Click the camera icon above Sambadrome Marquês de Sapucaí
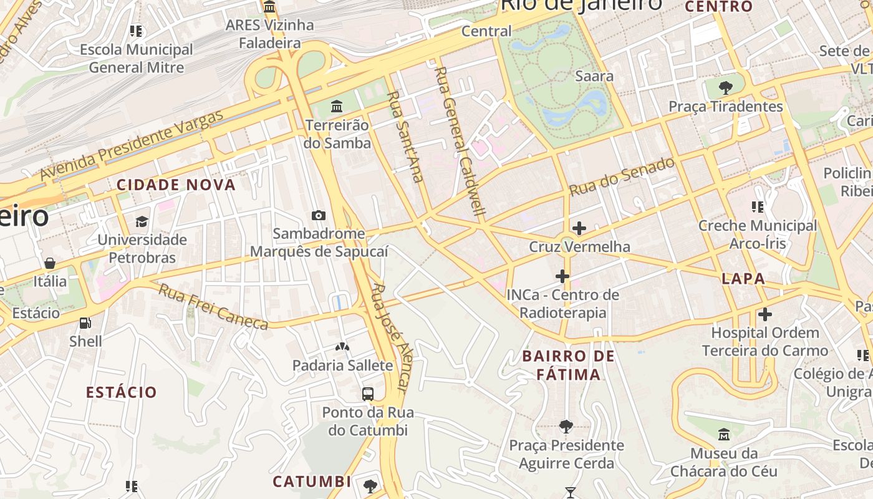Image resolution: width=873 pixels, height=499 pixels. coord(319,215)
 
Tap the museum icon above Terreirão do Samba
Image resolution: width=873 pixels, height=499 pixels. coord(337,106)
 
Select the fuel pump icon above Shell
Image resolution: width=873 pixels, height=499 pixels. coord(85,323)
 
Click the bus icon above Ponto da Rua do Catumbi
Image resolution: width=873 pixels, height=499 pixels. coord(368,394)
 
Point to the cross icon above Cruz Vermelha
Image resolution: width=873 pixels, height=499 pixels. coord(579,228)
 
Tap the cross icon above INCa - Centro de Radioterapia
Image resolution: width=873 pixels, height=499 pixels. coord(562,276)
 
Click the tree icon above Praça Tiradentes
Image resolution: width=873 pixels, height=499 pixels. coord(725,87)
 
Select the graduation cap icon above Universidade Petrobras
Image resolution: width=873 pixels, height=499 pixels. coord(142,221)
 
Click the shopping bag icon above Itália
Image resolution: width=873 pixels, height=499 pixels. coord(50,263)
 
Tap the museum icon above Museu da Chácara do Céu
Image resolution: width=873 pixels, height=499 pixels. coord(723,435)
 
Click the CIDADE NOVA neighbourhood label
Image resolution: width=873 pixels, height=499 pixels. coord(176,185)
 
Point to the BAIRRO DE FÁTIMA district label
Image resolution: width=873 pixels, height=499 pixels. coord(569,366)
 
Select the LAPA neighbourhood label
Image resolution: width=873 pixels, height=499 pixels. coord(743,279)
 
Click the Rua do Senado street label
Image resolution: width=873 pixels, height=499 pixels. coord(622,177)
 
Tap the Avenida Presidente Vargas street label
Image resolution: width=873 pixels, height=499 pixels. coord(132,145)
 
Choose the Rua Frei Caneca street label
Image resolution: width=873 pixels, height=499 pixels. coord(213,306)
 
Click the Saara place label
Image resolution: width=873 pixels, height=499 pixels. coord(594,76)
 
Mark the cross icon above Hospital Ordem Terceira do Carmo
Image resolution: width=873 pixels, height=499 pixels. coord(765,314)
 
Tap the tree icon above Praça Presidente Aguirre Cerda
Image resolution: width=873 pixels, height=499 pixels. coord(566,427)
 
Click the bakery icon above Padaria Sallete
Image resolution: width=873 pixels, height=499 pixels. coord(342,347)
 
